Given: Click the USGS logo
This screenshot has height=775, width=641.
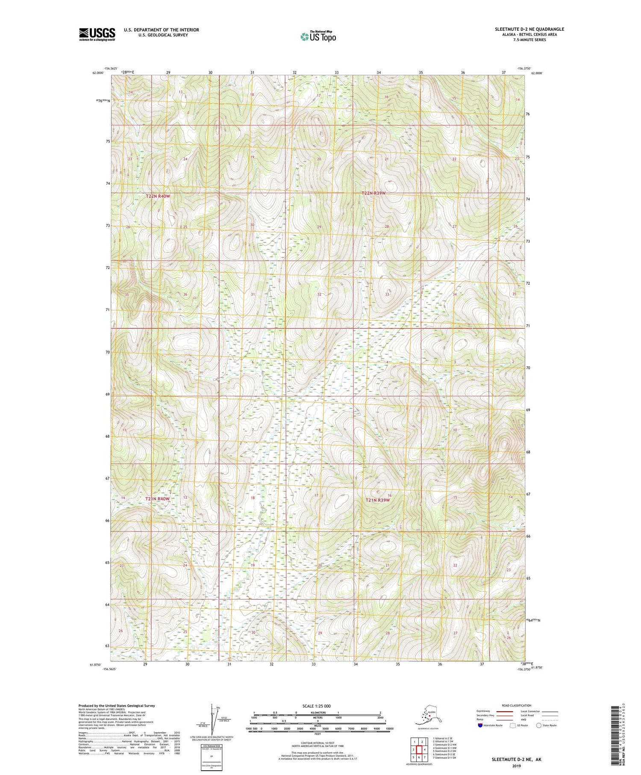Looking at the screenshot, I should coord(97,34).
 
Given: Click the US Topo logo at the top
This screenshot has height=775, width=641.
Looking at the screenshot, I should coord(318,36).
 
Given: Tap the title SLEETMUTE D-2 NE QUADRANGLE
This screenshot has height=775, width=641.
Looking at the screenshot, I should coord(529,29).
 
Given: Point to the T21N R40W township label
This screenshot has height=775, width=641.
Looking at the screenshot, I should coord(157,499).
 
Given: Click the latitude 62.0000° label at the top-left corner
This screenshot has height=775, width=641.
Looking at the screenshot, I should coord(98,73).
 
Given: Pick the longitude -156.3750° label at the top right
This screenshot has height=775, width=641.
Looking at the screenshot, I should coord(524,68).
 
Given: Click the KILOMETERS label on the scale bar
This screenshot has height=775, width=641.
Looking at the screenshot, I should coord(317,713).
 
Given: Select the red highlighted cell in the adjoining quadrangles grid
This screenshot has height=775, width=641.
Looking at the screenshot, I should coord(419,750).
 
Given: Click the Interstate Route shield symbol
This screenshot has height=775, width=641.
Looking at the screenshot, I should coord(480,725).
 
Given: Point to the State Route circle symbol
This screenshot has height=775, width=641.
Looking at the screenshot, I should coord(539,725).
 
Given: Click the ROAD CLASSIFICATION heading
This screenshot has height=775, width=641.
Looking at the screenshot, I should coord(517,705).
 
